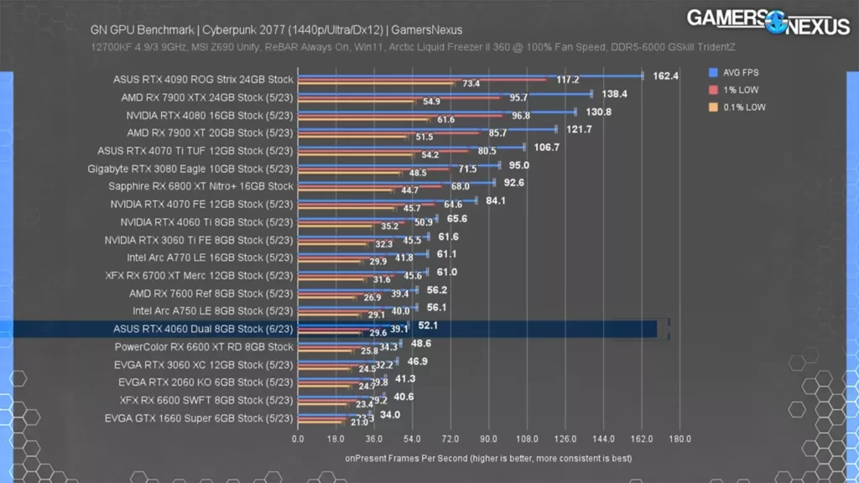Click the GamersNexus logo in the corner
coord(768,22)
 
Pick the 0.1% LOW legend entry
coord(740,107)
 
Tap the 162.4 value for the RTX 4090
coord(665,75)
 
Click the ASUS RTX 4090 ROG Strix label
coord(203,80)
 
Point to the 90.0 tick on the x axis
coord(488,439)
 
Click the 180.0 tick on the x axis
coord(679,439)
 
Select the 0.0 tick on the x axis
coord(298,439)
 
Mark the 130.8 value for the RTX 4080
coord(598,112)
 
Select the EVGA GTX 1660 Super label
coord(199,418)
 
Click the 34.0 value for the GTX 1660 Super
coord(390,414)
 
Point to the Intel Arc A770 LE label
coord(210,257)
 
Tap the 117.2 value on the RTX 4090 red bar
coord(568,80)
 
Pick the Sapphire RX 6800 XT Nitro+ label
coord(200,186)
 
